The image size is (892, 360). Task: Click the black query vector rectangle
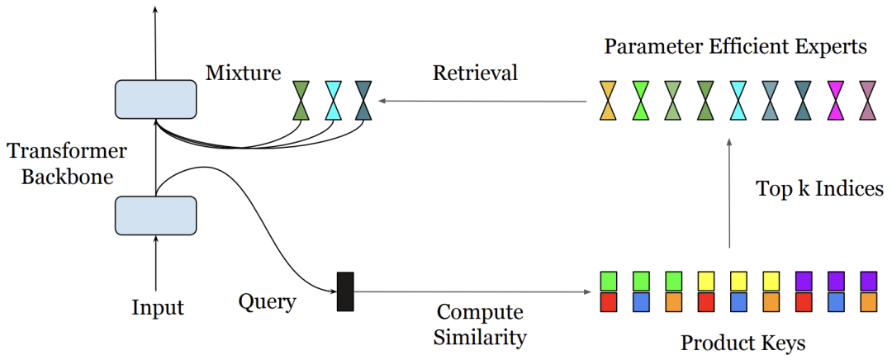pyautogui.click(x=345, y=291)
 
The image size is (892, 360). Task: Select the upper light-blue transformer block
pyautogui.click(x=156, y=100)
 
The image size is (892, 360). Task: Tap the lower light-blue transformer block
pyautogui.click(x=156, y=216)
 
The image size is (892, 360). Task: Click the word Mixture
pyautogui.click(x=244, y=73)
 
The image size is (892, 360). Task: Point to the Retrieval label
pyautogui.click(x=475, y=73)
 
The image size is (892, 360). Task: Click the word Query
pyautogui.click(x=268, y=301)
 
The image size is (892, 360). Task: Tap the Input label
pyautogui.click(x=158, y=309)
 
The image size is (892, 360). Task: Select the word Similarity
pyautogui.click(x=480, y=337)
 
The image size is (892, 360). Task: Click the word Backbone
pyautogui.click(x=67, y=177)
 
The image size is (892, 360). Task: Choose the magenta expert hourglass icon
pyautogui.click(x=836, y=100)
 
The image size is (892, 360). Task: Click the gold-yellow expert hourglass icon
pyautogui.click(x=608, y=100)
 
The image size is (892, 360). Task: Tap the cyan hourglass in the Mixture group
pyautogui.click(x=334, y=100)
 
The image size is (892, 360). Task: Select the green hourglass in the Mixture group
pyautogui.click(x=301, y=100)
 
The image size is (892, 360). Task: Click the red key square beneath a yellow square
pyautogui.click(x=706, y=301)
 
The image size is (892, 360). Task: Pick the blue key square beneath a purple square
pyautogui.click(x=836, y=301)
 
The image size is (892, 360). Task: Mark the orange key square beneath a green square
pyautogui.click(x=674, y=301)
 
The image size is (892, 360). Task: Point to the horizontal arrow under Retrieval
pyautogui.click(x=483, y=102)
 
